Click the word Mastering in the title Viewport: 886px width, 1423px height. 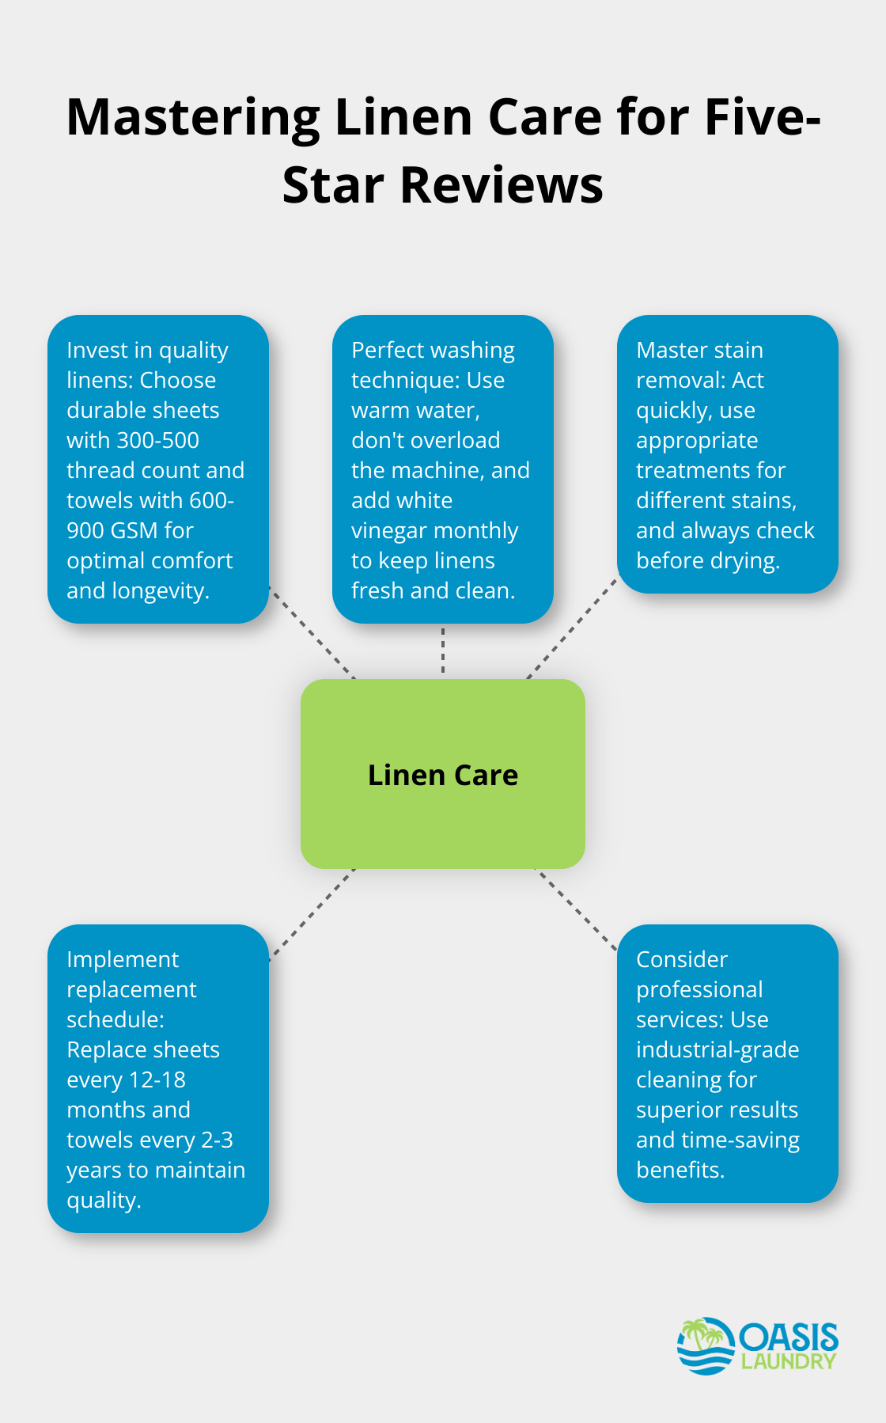(193, 117)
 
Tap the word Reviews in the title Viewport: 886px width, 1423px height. (502, 185)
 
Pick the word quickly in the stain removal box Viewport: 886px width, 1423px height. (672, 410)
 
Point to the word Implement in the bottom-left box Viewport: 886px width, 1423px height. (123, 959)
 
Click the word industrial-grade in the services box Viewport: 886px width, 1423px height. (718, 1049)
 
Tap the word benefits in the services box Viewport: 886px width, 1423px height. (680, 1170)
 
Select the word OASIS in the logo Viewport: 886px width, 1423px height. (789, 1338)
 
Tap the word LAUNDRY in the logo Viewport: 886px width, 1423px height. (789, 1361)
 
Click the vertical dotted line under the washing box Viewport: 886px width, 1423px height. (443, 651)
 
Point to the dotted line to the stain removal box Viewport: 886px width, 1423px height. (572, 628)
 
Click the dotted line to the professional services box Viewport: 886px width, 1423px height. (576, 909)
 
